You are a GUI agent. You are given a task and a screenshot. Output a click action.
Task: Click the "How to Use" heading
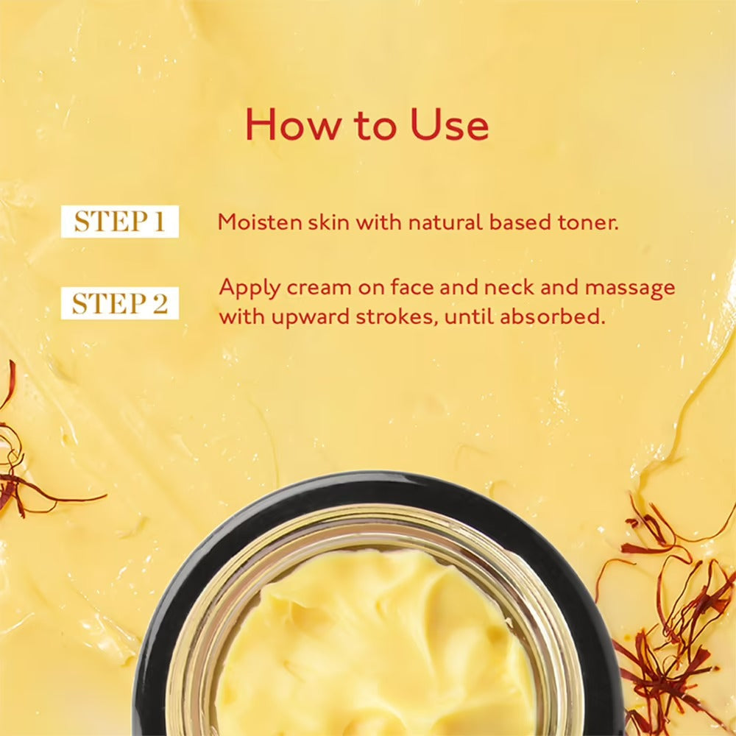point(367,125)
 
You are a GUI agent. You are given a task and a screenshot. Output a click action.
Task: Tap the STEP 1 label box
point(120,222)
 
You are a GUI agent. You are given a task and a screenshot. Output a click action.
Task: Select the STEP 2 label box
point(120,303)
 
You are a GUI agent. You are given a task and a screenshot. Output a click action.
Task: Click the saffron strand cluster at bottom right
point(662,626)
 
